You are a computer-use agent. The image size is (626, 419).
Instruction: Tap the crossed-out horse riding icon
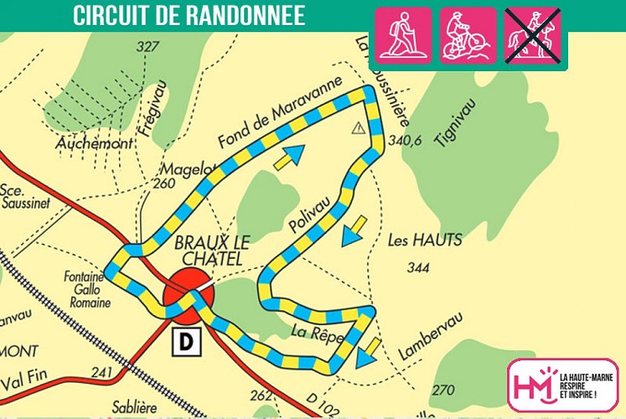click(534, 35)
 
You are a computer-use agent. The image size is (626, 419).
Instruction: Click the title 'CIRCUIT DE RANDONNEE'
click(189, 16)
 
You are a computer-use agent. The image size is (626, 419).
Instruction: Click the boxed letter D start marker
click(185, 341)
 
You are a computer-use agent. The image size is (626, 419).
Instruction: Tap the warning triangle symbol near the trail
click(359, 127)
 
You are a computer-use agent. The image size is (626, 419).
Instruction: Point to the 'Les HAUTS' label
click(425, 241)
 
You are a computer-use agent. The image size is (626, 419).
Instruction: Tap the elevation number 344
click(416, 269)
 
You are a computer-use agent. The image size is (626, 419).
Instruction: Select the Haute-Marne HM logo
click(562, 385)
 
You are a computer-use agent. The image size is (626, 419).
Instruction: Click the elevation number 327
click(147, 47)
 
